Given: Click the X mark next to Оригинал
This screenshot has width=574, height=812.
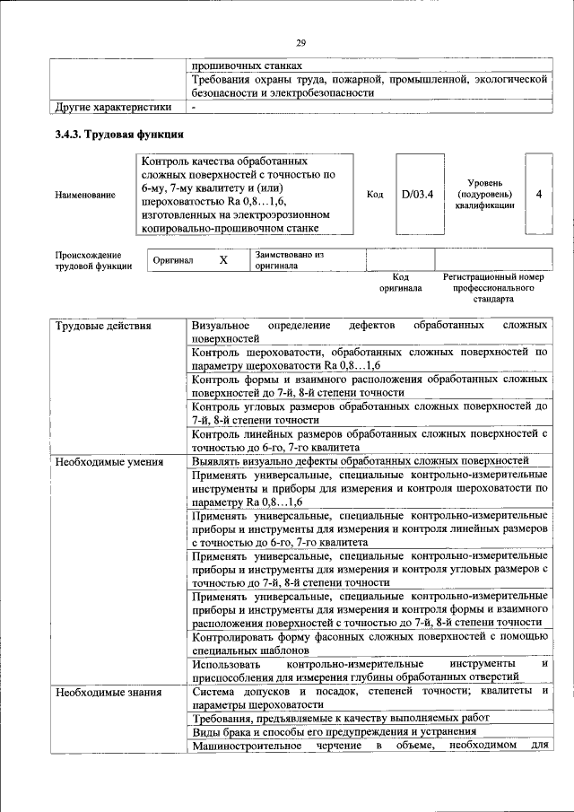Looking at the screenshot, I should coord(223,259).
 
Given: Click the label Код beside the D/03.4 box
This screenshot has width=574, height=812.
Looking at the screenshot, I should coord(375,195).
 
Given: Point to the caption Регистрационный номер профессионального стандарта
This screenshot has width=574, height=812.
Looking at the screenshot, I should coord(493,288).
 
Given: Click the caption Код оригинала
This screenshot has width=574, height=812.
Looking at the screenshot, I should coord(400,284).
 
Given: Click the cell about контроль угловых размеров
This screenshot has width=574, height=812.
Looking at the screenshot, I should coord(369,413).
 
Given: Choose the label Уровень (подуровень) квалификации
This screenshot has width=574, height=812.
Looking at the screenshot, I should coord(484,194).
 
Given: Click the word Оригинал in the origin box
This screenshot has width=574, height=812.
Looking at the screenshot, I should coord(173,259).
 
